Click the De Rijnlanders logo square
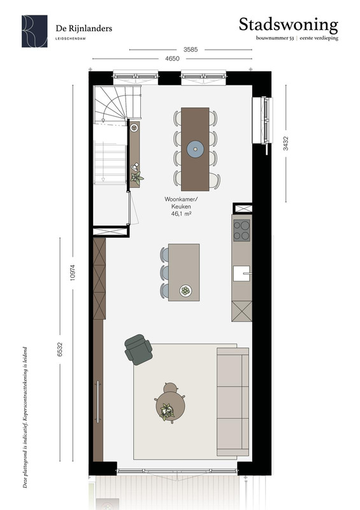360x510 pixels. coord(34,31)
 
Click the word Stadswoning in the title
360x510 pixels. coord(289,25)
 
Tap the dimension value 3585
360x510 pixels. coord(191,50)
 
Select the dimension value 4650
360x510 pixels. coord(173,59)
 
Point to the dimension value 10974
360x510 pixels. coord(73,272)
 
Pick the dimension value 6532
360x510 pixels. coord(59,349)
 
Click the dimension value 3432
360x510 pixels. coord(285,143)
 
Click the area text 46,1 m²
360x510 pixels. coord(181,214)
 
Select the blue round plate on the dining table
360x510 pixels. coord(195,149)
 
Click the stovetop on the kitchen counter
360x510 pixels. coord(241,230)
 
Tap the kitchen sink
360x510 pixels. coord(241,273)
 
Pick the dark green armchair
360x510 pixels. coord(138,349)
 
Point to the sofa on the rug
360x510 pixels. coord(233,402)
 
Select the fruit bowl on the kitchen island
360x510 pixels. coord(185,291)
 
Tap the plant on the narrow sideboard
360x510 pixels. coord(136,178)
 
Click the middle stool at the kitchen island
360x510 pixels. coord(164,273)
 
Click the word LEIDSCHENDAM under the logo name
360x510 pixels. coord(71,38)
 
